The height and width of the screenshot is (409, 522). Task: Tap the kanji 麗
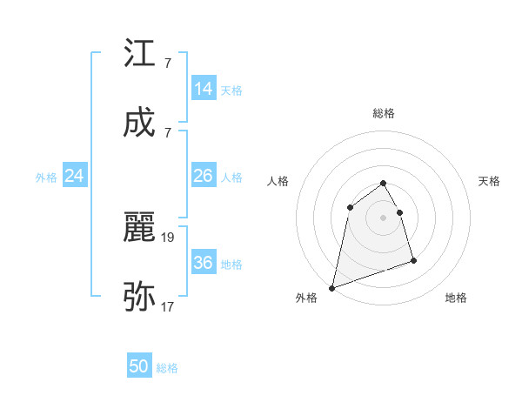(140, 227)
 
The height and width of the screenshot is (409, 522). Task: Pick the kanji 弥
(140, 297)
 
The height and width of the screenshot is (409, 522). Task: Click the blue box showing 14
(203, 89)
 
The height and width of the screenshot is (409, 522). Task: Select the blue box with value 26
(203, 176)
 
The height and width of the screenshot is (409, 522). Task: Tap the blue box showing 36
(203, 263)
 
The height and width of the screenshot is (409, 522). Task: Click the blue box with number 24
(74, 176)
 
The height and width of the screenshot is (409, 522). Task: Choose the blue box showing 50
(139, 366)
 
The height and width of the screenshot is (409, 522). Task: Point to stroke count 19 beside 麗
(169, 236)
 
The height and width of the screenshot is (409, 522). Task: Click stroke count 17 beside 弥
(169, 306)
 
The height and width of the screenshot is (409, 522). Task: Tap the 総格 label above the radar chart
(384, 113)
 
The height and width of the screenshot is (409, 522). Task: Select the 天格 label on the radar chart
(490, 181)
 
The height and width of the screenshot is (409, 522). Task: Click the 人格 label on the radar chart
(278, 181)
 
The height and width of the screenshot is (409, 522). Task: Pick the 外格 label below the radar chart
(306, 298)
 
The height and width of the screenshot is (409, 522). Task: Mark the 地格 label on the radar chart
(456, 298)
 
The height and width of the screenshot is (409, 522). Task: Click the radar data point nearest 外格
(331, 287)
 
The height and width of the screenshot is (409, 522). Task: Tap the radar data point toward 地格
(413, 260)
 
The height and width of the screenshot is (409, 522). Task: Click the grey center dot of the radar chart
(384, 218)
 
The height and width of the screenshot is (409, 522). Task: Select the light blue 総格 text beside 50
(167, 368)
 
